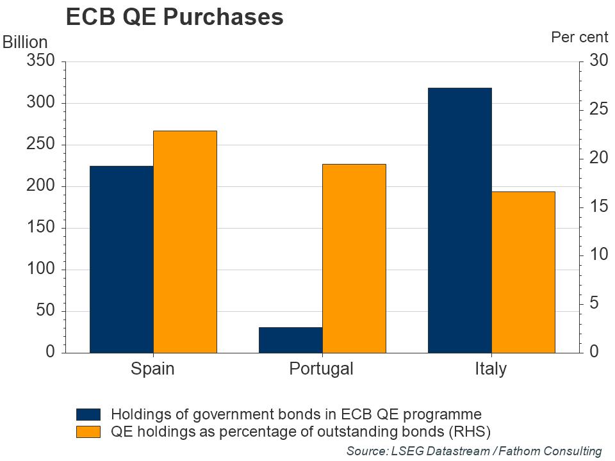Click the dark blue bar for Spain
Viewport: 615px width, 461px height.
(x=122, y=259)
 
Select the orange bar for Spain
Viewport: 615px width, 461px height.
(x=185, y=242)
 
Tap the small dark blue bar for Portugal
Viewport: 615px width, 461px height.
(x=290, y=340)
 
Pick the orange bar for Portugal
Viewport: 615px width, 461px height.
(x=354, y=259)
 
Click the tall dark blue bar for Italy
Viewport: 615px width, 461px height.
(x=459, y=220)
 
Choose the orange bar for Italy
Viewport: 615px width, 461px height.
(x=523, y=272)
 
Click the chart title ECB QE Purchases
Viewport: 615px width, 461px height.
(x=174, y=18)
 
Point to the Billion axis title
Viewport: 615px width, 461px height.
(x=26, y=42)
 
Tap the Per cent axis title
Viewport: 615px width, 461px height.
(x=579, y=37)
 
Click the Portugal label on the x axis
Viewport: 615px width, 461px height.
(x=321, y=369)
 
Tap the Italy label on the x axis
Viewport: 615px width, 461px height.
(x=490, y=369)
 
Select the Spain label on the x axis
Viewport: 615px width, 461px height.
(x=152, y=369)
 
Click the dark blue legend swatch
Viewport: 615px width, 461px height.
(x=88, y=414)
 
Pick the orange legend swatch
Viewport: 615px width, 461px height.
(x=88, y=431)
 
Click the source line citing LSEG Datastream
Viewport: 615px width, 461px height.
(x=474, y=451)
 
